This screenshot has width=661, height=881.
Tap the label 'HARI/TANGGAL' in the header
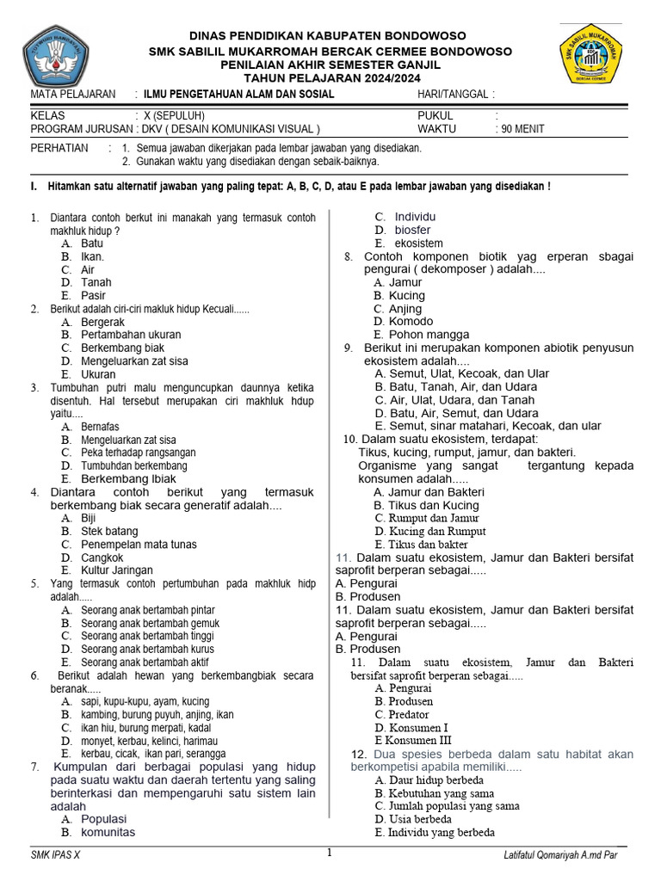click(453, 94)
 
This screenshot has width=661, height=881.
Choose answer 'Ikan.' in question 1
click(92, 256)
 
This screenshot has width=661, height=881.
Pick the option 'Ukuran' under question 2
click(98, 374)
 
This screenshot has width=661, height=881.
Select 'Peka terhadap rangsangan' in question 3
click(138, 453)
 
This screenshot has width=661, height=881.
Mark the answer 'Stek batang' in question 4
click(109, 531)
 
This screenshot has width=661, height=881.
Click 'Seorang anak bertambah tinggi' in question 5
click(148, 636)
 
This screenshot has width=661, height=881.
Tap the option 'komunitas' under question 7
click(108, 832)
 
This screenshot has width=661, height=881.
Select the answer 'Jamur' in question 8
click(405, 282)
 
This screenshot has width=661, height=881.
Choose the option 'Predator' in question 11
click(408, 714)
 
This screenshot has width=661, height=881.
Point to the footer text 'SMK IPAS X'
click(54, 855)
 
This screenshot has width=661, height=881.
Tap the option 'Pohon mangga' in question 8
click(429, 335)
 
